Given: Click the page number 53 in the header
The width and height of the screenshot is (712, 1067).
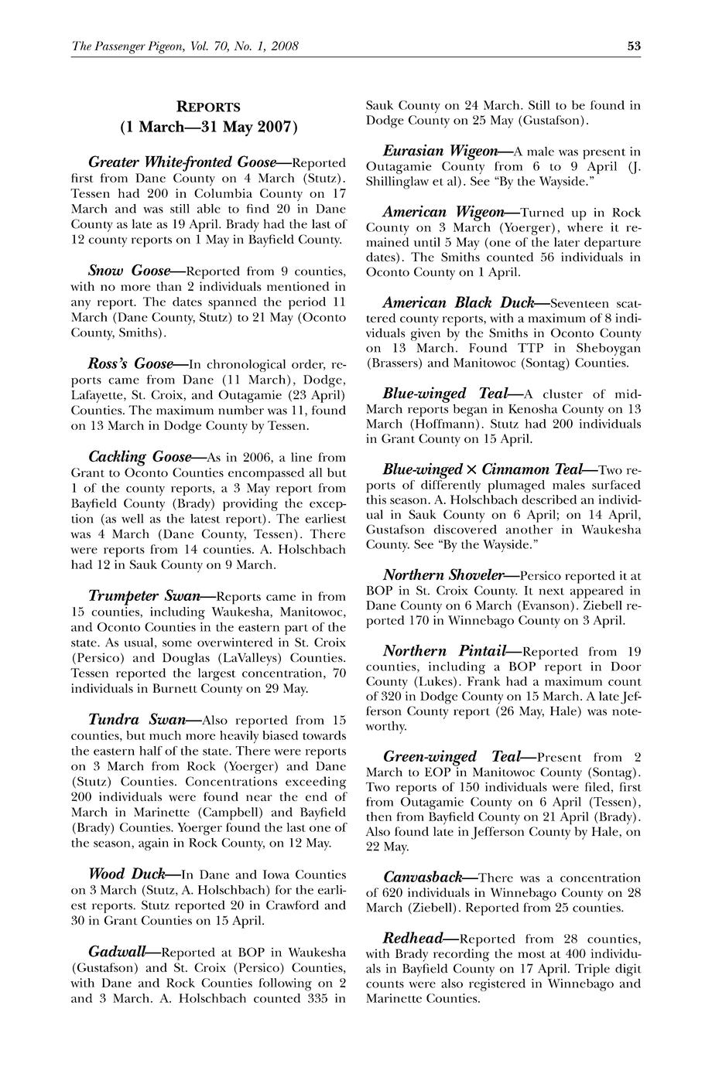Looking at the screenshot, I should [634, 46].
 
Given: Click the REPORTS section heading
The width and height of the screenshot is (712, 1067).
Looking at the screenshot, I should [208, 107].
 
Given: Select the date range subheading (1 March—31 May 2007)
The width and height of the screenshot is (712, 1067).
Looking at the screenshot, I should [208, 126].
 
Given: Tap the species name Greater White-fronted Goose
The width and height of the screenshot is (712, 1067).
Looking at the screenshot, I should [183, 162].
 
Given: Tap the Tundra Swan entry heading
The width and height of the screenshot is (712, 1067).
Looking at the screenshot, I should [137, 719].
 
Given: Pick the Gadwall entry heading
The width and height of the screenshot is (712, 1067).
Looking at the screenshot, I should [118, 951].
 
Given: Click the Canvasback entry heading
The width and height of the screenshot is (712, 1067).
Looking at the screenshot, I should [423, 878].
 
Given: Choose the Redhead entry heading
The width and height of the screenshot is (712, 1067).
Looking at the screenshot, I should [413, 939].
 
